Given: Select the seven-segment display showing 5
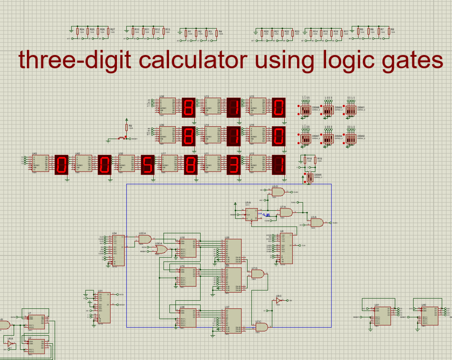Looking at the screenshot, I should [147, 165].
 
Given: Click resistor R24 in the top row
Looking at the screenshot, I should [77, 31].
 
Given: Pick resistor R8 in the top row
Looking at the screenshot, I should [390, 31].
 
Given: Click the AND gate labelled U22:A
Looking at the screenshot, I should [144, 240].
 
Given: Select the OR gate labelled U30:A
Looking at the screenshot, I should [161, 249].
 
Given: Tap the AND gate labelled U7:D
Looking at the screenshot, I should [258, 273].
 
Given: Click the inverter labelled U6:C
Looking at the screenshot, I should [278, 300].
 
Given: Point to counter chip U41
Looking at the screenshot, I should [382, 316].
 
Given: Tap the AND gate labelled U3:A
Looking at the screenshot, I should [317, 222].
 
